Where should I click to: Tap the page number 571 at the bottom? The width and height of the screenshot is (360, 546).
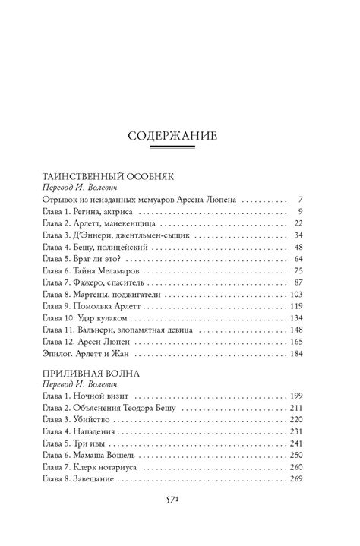pos(180,499)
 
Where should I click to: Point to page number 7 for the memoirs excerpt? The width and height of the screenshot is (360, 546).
pos(301,199)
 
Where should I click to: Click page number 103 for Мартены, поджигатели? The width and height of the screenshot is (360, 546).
pos(296,295)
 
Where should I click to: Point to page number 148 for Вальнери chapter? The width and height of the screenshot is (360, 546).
pos(296,331)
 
